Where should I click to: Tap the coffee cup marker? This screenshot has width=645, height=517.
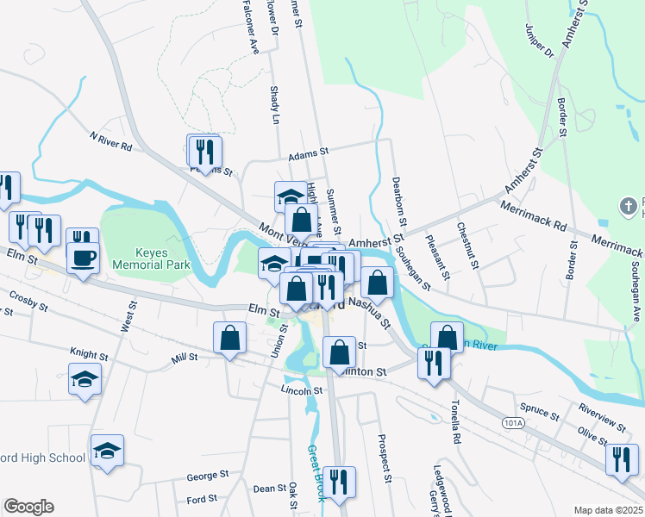click(83, 258)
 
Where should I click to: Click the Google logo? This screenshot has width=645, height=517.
click(28, 507)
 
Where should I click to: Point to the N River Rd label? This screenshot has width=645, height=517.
click(110, 141)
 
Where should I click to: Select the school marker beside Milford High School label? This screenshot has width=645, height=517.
click(107, 451)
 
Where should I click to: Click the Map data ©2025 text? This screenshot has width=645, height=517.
click(608, 509)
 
